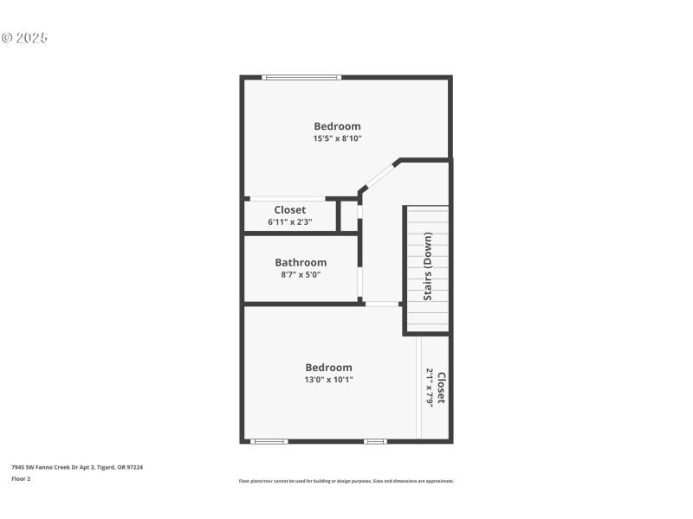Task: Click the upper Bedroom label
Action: pos(337,126)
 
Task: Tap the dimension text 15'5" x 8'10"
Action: pos(337,138)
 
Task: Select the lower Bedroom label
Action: pos(328,368)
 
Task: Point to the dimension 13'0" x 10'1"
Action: pos(328,380)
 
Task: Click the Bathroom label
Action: pos(301,263)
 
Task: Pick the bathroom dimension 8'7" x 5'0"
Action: pos(301,275)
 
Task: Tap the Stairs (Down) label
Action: pos(427,266)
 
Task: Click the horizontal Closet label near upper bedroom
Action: pos(289,210)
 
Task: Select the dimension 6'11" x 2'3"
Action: pos(289,222)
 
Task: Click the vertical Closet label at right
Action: pos(441,388)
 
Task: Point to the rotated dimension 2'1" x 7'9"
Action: pos(429,388)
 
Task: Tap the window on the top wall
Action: pos(301,78)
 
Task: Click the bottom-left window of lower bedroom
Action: pos(269,441)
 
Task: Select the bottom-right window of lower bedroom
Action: pos(374,441)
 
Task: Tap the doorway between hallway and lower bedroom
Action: pos(381,304)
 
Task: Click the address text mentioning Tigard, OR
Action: pos(76,467)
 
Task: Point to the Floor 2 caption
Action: pos(21,478)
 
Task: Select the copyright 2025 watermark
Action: pos(24,38)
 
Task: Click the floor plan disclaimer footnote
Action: pos(346,481)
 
